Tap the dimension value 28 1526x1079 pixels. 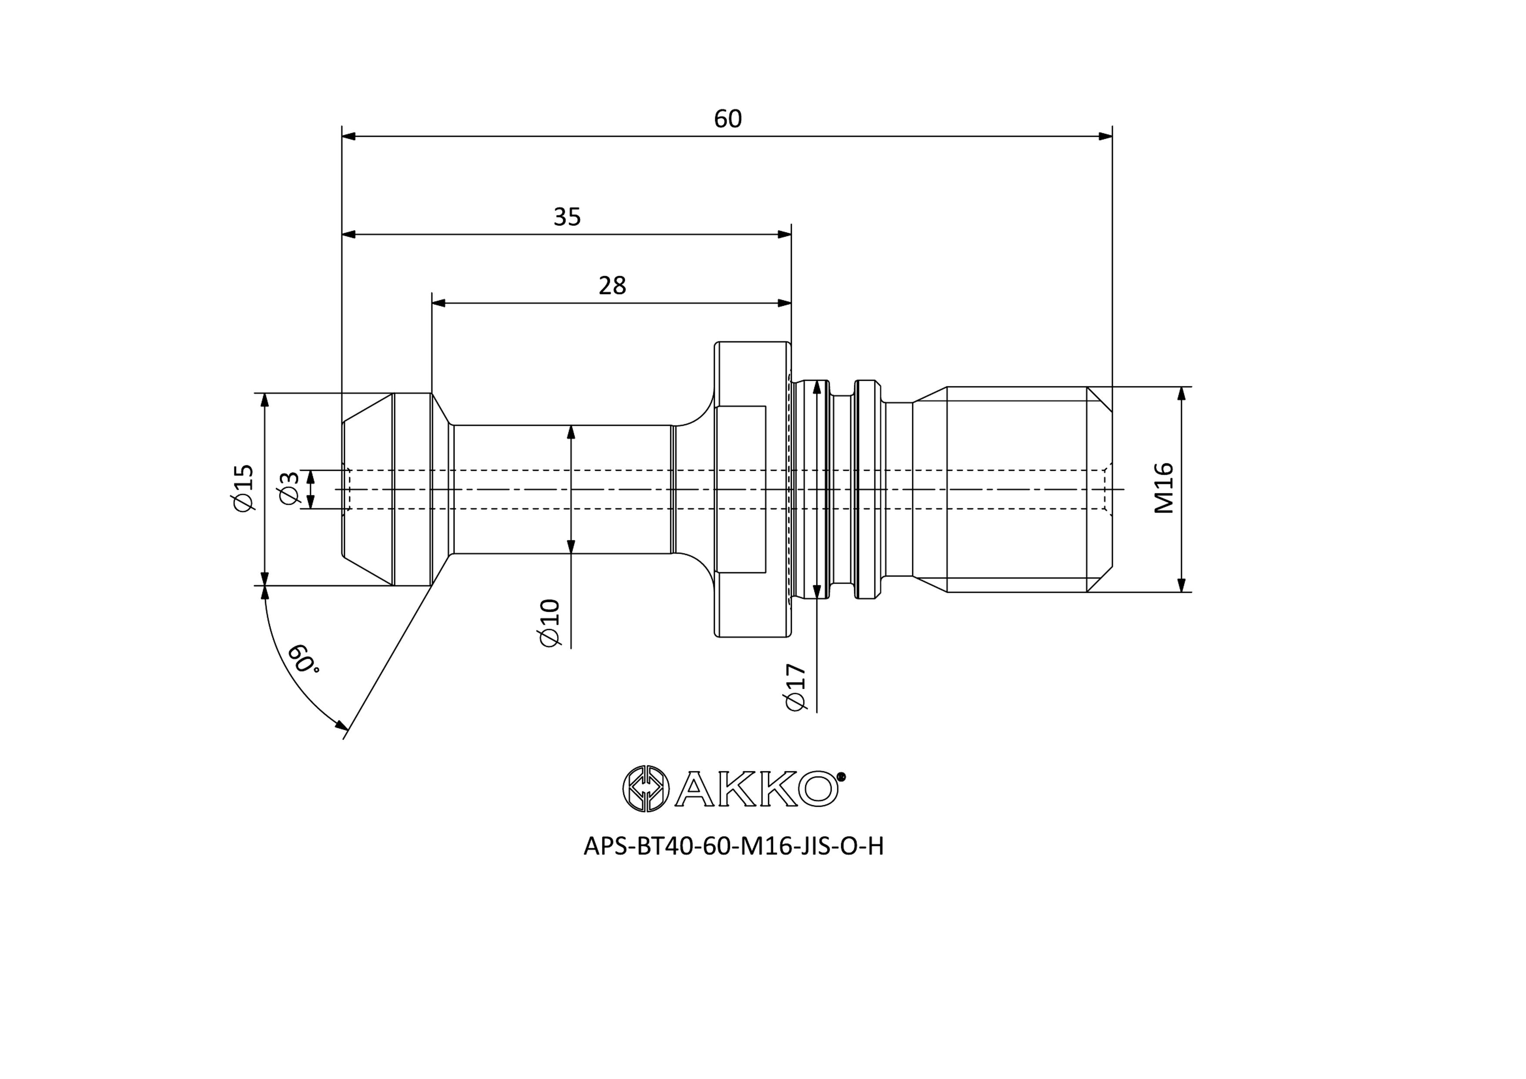point(612,286)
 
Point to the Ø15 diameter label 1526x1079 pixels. point(243,489)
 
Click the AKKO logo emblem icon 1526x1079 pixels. point(646,788)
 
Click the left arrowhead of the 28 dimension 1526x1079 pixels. point(439,303)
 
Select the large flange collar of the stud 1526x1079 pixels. point(753,489)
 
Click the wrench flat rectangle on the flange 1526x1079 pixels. point(741,489)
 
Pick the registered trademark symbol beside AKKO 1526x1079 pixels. point(841,776)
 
